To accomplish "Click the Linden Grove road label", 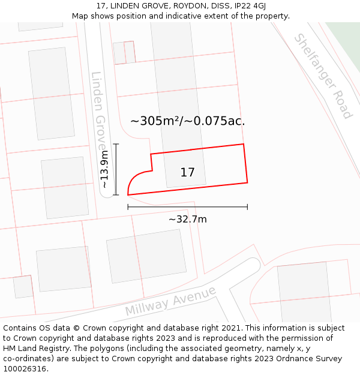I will coord(98,111).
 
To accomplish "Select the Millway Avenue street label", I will coord(170,301).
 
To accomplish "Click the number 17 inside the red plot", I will coord(187,172).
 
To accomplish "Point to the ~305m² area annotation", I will coord(187,121).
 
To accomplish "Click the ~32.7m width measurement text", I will coord(187,219).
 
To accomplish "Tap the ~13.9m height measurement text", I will coord(104,169).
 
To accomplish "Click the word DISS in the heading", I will coord(220,5).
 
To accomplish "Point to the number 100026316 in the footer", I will coord(25,369).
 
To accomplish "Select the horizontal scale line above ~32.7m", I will coord(187,207).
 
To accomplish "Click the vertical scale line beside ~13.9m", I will coord(116,169).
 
